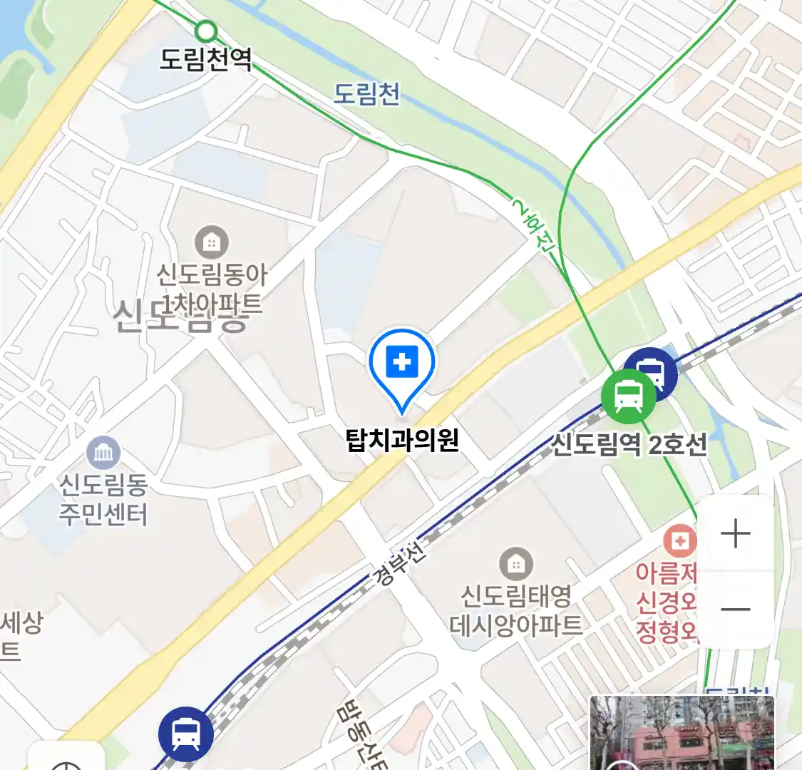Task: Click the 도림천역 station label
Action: tap(205, 59)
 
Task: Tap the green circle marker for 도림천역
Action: tap(206, 31)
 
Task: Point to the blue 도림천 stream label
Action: tap(367, 93)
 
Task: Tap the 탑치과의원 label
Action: tap(402, 440)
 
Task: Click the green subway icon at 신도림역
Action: tap(628, 396)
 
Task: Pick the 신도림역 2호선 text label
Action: tap(629, 445)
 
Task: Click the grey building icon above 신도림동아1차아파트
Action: tap(211, 242)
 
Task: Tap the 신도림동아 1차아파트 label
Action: tap(211, 289)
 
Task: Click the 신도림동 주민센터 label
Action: tap(103, 499)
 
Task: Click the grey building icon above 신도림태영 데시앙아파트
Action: tap(515, 565)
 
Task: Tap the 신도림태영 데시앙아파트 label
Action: tap(515, 610)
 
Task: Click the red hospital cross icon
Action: tap(680, 542)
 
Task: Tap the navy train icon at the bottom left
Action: tap(186, 734)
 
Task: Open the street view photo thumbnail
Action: tap(682, 733)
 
